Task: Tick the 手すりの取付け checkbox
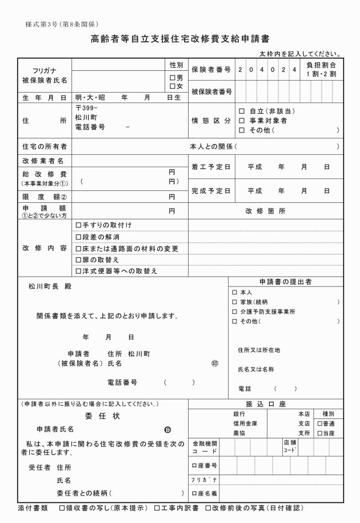pyautogui.click(x=78, y=225)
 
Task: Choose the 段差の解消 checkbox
pyautogui.click(x=78, y=237)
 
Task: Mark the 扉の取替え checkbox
pyautogui.click(x=78, y=259)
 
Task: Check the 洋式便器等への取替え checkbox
pyautogui.click(x=78, y=271)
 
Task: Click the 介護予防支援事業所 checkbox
pyautogui.click(x=234, y=312)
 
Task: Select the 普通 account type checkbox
pyautogui.click(x=320, y=424)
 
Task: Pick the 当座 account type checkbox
pyautogui.click(x=320, y=434)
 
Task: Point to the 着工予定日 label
pyautogui.click(x=211, y=167)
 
